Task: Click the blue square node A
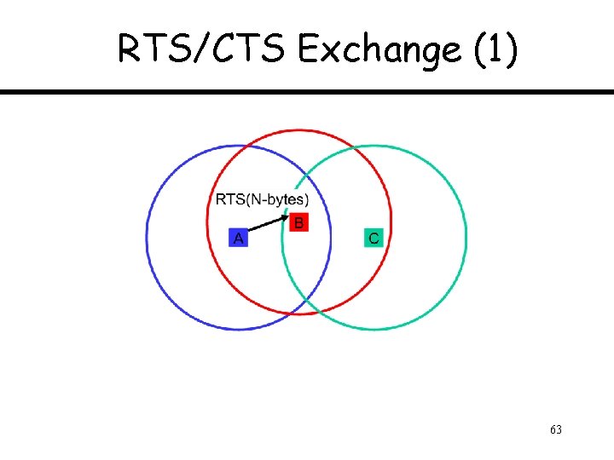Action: coord(239,238)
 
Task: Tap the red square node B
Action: coord(298,223)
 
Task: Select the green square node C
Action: coord(374,238)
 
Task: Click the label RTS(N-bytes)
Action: coord(262,199)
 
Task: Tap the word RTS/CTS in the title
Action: coord(204,51)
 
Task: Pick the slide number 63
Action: coord(555,428)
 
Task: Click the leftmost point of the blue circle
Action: coord(147,237)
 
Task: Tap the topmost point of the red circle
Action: coord(299,130)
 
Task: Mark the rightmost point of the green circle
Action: coord(466,238)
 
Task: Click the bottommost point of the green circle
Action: coord(374,330)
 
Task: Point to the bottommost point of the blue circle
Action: coord(239,329)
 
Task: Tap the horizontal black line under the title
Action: coord(307,92)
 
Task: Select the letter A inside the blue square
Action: coord(239,239)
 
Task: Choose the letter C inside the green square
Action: coord(374,239)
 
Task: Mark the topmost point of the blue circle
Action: coord(239,145)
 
